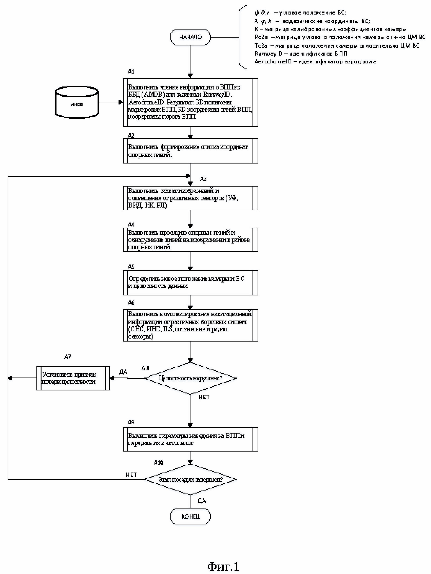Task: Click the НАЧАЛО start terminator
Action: coord(190,37)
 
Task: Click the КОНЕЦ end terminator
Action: coord(190,516)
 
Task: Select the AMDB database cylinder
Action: coord(77,102)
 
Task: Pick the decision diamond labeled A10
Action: coord(190,479)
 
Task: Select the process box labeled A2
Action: coord(190,151)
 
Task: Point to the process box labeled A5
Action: coord(190,283)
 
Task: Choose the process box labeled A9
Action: coord(190,439)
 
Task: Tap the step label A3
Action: coord(203,179)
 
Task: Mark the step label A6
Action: coord(131,303)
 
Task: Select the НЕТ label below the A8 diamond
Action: coord(204,397)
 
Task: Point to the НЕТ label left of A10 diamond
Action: coord(131,475)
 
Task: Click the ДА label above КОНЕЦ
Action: coord(202,501)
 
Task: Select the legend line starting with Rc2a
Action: coord(340,37)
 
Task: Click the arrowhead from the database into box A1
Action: coord(121,102)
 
